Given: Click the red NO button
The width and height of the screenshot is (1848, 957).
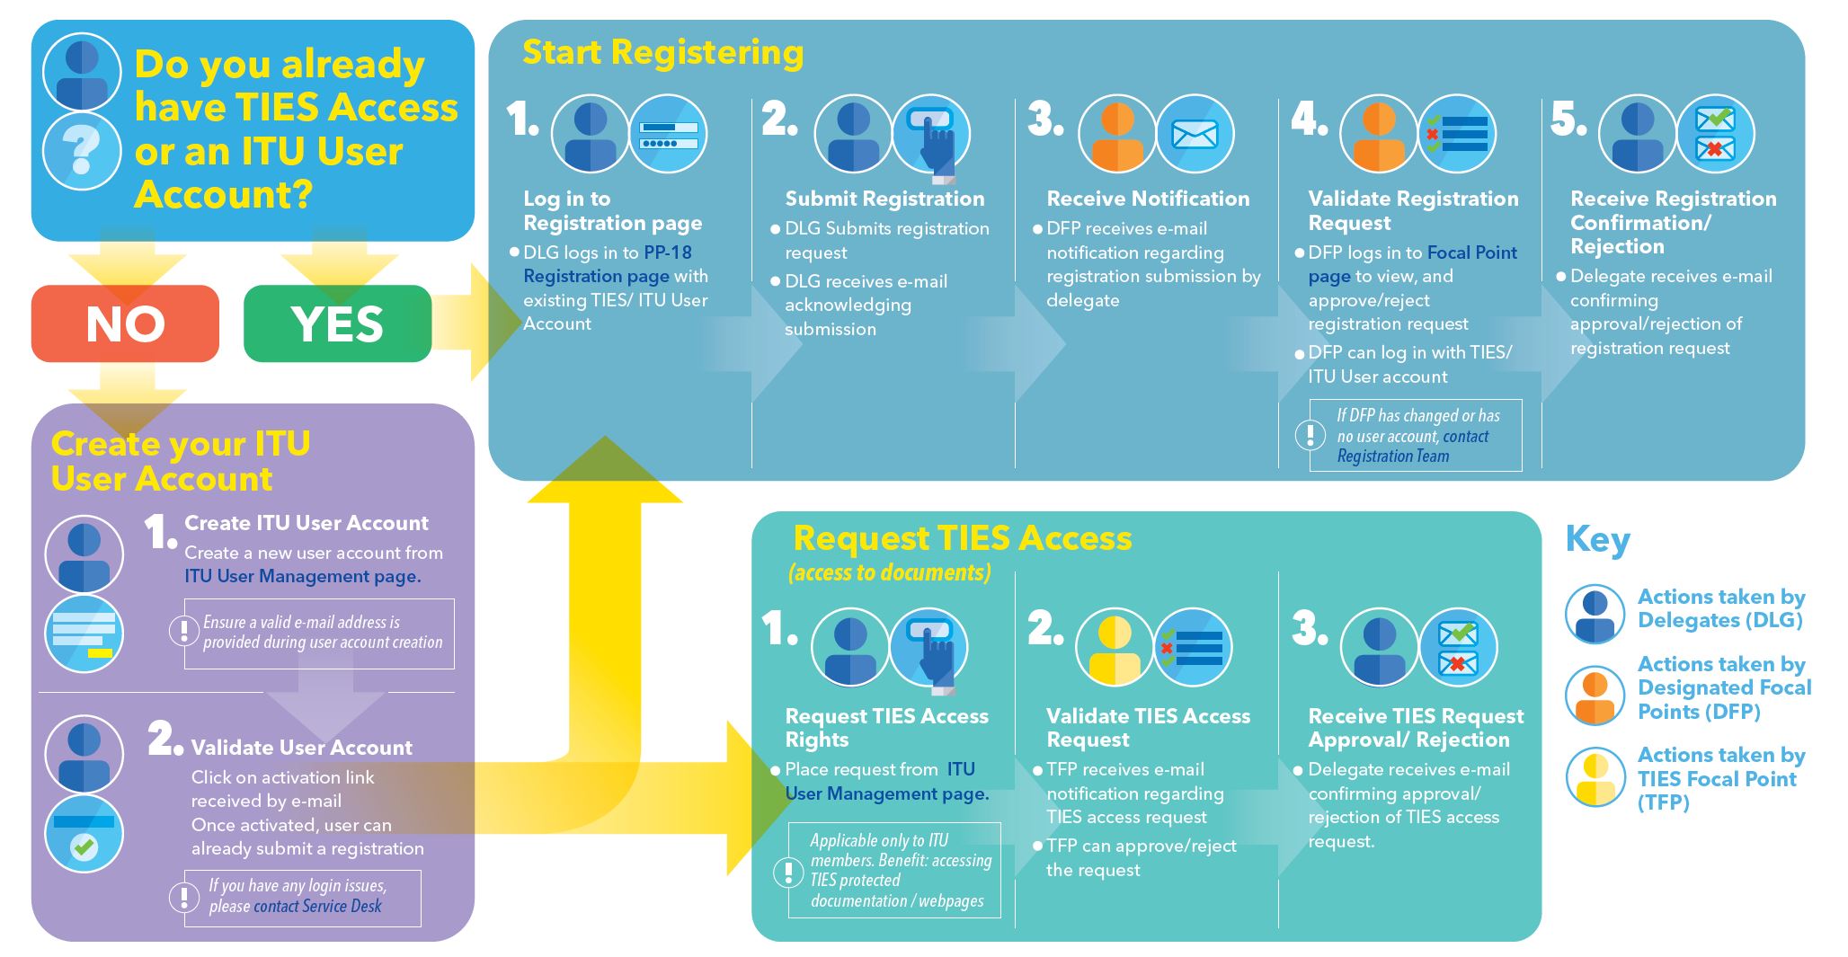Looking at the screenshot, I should (x=125, y=323).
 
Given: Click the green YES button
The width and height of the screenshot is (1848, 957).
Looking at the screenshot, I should (x=337, y=323).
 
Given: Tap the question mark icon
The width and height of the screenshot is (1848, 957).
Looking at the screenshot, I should (x=82, y=150).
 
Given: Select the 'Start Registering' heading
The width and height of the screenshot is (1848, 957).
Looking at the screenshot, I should (x=662, y=52).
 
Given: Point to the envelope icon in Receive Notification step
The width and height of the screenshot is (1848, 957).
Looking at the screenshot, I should (x=1195, y=135).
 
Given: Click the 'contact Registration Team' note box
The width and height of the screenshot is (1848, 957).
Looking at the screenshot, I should (x=1415, y=436).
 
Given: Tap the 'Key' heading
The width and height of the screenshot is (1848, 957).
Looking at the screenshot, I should (x=1597, y=539).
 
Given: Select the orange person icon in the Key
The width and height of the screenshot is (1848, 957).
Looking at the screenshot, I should (x=1595, y=696).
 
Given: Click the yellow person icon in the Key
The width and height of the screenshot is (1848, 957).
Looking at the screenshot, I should (x=1595, y=778).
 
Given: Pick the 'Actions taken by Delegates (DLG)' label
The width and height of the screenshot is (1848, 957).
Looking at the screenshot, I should (x=1720, y=608).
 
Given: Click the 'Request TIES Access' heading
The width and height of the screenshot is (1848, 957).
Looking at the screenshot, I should (x=962, y=538).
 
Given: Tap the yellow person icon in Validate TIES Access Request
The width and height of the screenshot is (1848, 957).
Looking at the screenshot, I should (x=1115, y=647).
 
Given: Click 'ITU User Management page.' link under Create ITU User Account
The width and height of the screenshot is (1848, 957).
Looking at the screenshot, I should (x=303, y=576).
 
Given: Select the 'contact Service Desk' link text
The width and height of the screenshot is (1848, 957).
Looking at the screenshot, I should (x=317, y=907).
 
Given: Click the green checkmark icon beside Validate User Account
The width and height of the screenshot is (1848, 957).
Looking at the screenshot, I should (x=84, y=846).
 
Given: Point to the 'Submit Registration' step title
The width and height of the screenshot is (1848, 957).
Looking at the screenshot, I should (x=884, y=199).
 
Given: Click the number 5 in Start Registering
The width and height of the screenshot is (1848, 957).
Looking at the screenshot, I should (x=1568, y=120).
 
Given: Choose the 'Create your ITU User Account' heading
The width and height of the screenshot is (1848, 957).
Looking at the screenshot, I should (x=180, y=461).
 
